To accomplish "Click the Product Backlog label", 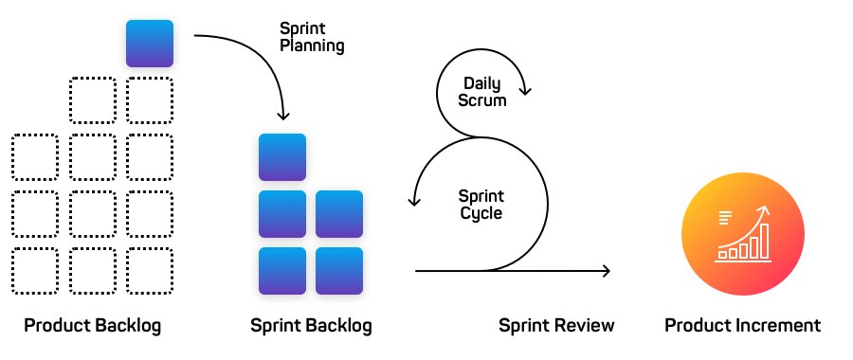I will click(x=93, y=326).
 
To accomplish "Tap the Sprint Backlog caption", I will click(x=311, y=326).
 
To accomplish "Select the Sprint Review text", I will click(x=556, y=326).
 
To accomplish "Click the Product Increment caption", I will click(x=742, y=326).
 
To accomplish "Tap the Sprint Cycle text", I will click(x=481, y=205).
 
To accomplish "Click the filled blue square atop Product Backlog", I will click(x=150, y=44).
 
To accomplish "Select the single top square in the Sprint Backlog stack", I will click(x=282, y=157).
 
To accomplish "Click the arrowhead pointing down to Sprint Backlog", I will click(x=282, y=116).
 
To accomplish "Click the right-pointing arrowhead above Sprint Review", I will click(x=606, y=271).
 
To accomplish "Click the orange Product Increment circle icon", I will click(x=743, y=232).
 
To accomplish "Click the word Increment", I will click(x=781, y=326).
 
